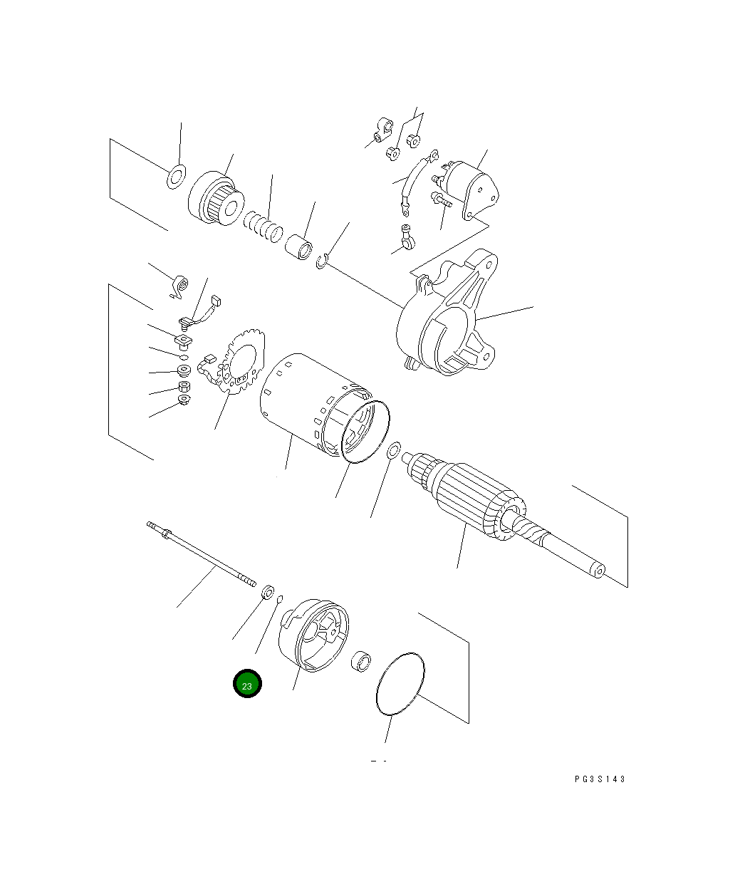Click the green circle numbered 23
(x=247, y=684)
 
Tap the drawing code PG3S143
(x=600, y=779)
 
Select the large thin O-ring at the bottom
(x=400, y=682)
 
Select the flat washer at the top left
(x=176, y=177)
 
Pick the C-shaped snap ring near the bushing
(x=321, y=262)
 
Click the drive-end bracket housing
(x=449, y=317)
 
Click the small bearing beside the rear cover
(x=362, y=661)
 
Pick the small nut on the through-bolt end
(x=269, y=591)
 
